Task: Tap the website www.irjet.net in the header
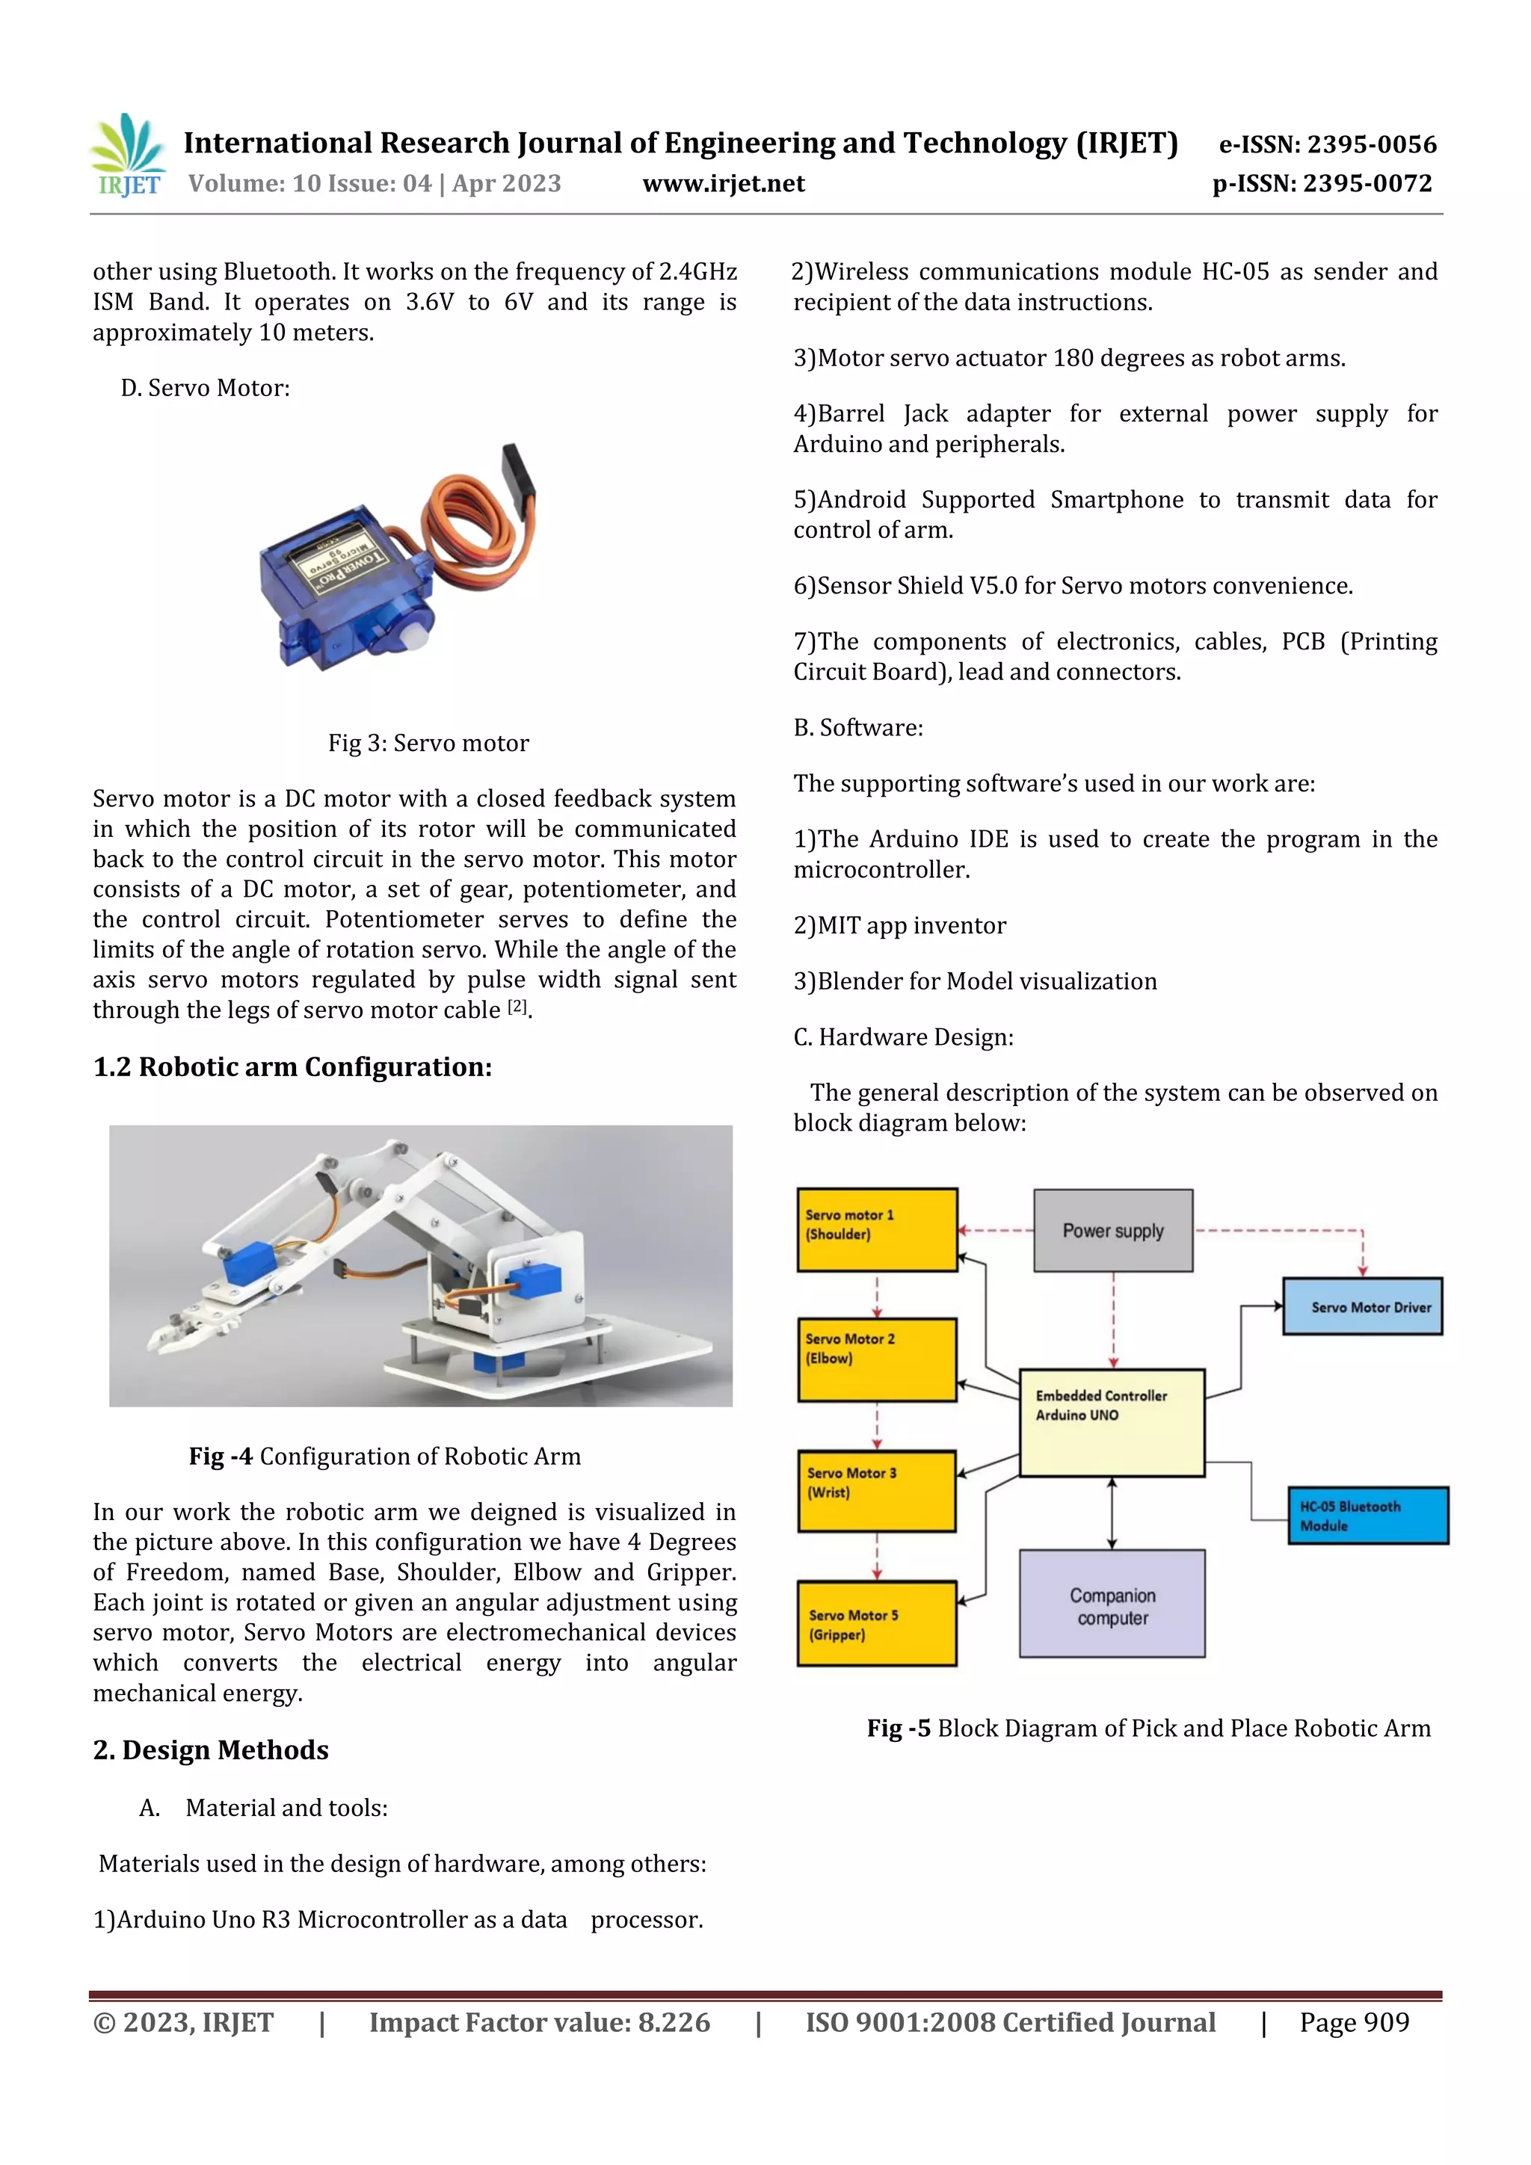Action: click(x=724, y=184)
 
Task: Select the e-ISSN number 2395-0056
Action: click(x=1327, y=144)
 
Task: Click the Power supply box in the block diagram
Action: click(x=1113, y=1231)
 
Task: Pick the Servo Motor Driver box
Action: click(x=1362, y=1306)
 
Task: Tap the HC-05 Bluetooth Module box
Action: click(x=1368, y=1516)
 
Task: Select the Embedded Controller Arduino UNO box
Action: click(x=1112, y=1422)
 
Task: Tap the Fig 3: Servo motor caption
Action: click(x=428, y=743)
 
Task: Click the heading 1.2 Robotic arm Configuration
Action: click(x=292, y=1066)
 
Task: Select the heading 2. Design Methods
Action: click(x=210, y=1750)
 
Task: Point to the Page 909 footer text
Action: click(x=1354, y=2022)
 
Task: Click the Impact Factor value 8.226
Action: click(x=540, y=2022)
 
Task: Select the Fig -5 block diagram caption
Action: click(x=1148, y=1729)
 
